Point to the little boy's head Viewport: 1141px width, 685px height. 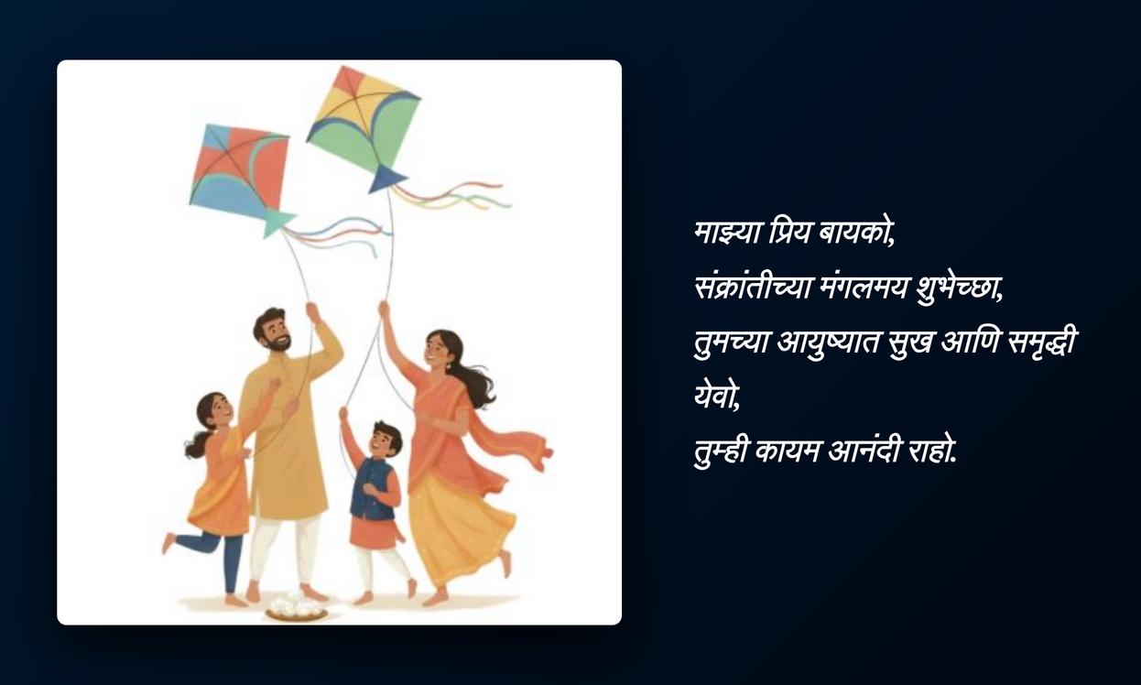[x=385, y=439]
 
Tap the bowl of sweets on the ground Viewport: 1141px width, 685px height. [x=296, y=607]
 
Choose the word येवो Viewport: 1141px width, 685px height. [x=716, y=397]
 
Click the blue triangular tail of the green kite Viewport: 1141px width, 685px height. [x=386, y=179]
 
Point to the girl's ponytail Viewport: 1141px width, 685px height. [x=196, y=446]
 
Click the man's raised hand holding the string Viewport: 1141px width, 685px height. [x=312, y=311]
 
